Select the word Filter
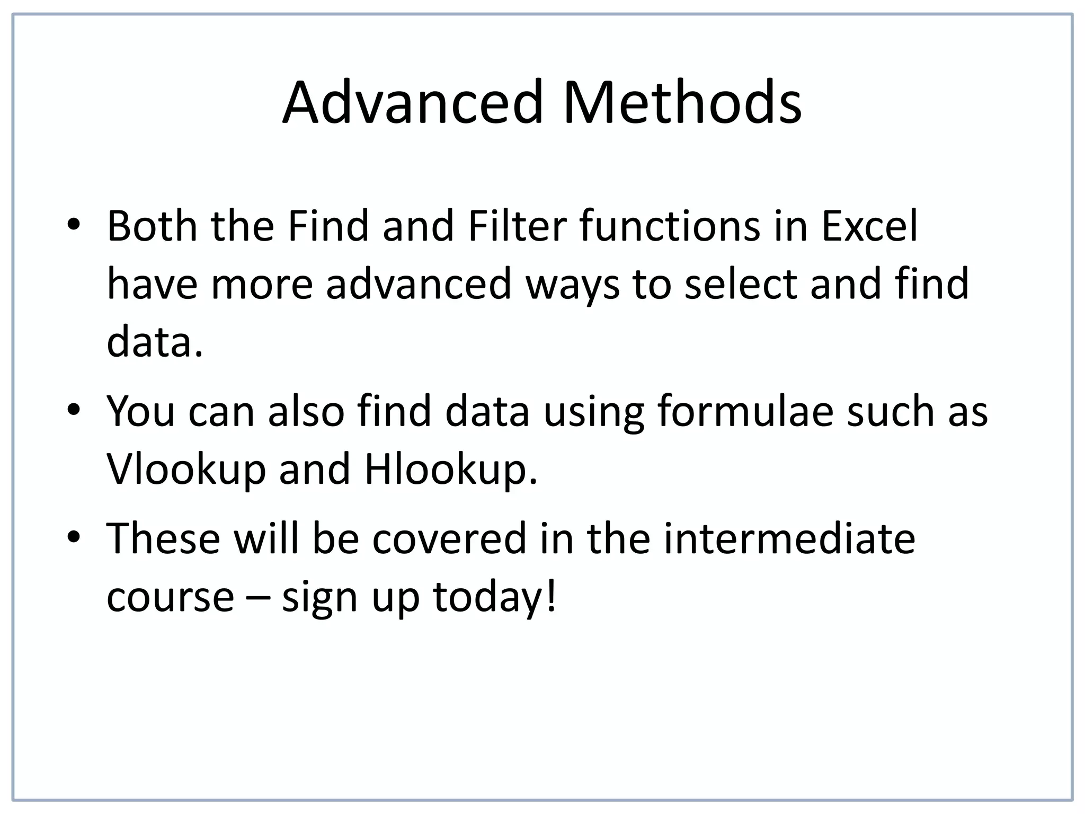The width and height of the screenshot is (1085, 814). [517, 226]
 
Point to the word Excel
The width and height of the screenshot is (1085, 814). [869, 226]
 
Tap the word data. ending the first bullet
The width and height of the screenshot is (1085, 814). [155, 342]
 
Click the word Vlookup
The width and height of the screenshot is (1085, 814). [186, 470]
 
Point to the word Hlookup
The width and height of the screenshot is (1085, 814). [451, 470]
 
